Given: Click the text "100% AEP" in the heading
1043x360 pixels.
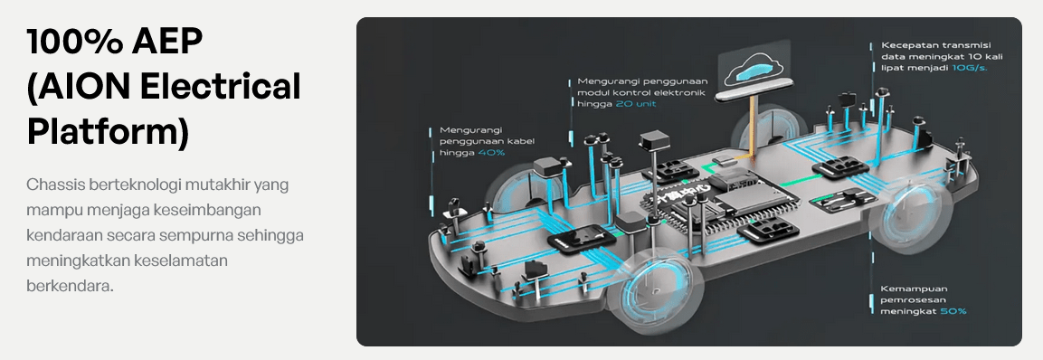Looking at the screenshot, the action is coord(114,43).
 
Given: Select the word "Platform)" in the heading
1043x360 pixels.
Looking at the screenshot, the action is coord(108,133).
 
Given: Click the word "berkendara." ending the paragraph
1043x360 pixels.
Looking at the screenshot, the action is coord(70,286).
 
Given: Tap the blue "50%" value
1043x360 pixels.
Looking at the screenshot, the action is coord(953,311).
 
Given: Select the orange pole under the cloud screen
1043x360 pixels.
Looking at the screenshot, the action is coord(753,128).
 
